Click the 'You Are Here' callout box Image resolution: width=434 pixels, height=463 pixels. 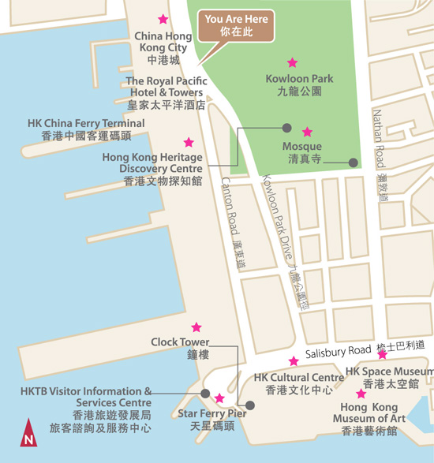click(x=235, y=25)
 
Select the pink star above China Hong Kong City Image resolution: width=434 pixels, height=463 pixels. click(x=163, y=19)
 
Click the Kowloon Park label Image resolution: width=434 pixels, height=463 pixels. click(x=299, y=85)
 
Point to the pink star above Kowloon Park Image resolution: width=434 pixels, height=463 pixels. click(x=293, y=62)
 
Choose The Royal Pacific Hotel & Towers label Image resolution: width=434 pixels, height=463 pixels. click(x=166, y=92)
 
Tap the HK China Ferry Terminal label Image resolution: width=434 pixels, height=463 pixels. click(x=86, y=129)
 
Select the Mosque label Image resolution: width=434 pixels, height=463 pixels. click(x=302, y=151)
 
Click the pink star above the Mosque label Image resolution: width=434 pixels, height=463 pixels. click(x=307, y=132)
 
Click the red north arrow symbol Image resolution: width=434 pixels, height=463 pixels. click(x=28, y=433)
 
